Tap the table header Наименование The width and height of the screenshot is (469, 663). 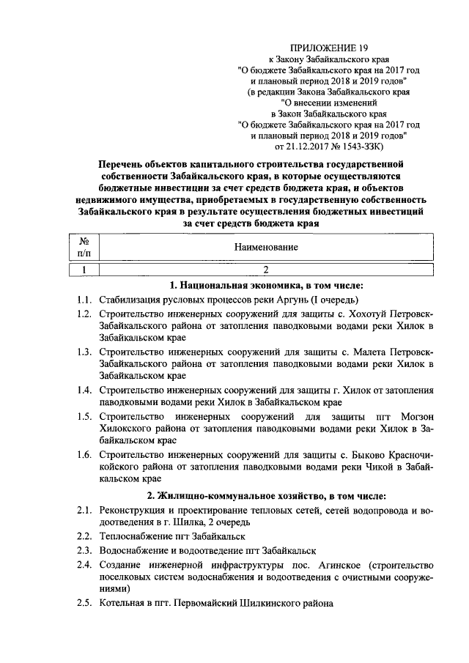click(266, 247)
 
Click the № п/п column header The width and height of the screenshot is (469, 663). click(84, 247)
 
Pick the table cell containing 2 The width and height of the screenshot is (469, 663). click(266, 269)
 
